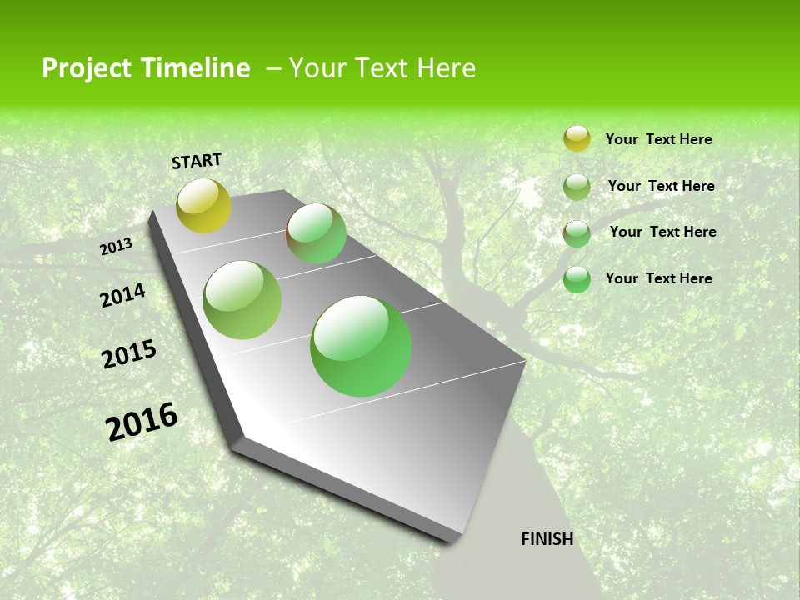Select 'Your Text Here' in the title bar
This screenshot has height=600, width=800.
[382, 68]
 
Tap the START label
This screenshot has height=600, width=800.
[197, 161]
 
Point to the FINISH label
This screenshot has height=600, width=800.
[547, 539]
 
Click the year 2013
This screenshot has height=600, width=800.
[116, 247]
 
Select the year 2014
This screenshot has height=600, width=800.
[122, 296]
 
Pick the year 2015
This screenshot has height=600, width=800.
[129, 354]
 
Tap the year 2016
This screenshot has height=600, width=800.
[142, 422]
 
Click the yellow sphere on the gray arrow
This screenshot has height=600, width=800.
[203, 205]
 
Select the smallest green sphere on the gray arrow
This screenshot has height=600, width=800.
[316, 233]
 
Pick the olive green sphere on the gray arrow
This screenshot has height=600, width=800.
[242, 299]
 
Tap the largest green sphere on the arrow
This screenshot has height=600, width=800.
[361, 346]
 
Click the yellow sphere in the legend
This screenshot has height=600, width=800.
[577, 139]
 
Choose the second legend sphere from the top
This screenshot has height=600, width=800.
[577, 187]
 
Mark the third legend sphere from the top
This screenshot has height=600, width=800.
[577, 233]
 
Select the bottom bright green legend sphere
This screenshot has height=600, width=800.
[577, 279]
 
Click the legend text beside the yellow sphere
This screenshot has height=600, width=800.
[658, 139]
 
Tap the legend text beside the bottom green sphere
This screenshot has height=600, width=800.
[658, 278]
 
